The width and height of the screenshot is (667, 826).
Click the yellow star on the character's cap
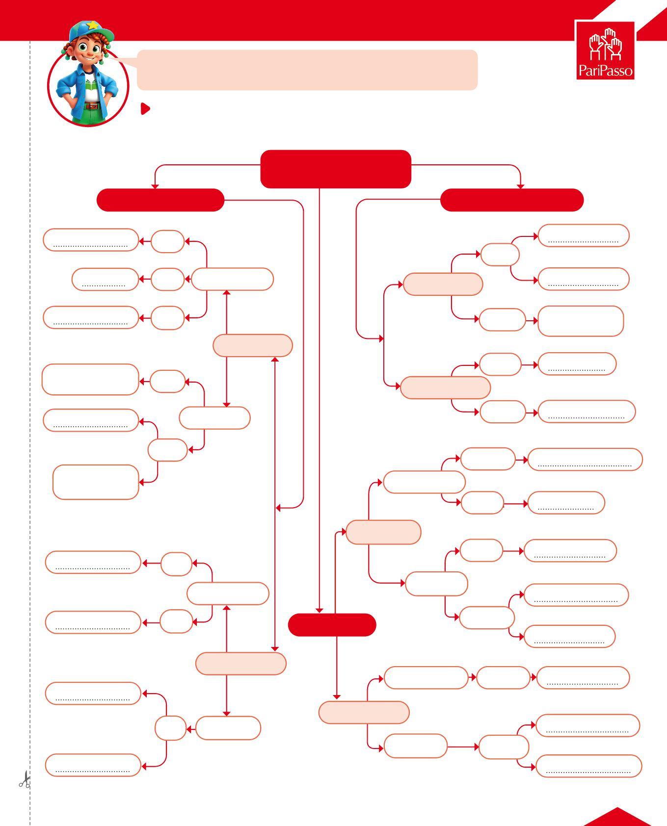91,25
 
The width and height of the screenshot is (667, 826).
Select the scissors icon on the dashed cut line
25,779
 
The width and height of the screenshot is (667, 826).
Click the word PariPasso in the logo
605,71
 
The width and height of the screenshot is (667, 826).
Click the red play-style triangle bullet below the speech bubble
145,108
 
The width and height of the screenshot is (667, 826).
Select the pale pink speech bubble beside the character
307,70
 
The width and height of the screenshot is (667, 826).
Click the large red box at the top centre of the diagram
335,169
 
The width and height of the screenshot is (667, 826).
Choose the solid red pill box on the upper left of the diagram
160,200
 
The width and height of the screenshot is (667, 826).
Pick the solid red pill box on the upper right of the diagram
511,200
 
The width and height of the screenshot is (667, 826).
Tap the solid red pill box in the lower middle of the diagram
332,625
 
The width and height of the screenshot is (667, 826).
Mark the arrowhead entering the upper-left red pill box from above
155,186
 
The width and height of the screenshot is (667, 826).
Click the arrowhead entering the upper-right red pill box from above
520,186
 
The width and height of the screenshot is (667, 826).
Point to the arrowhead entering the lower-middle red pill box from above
319,610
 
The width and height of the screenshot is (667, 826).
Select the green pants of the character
92,115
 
